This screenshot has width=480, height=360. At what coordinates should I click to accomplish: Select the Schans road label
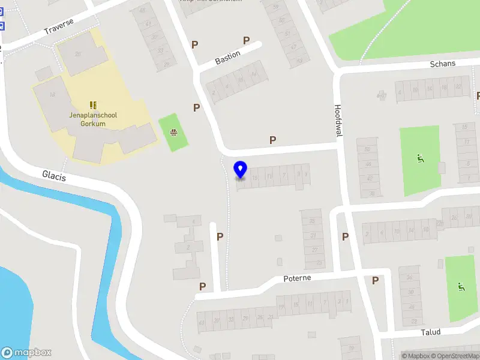pyautogui.click(x=443, y=64)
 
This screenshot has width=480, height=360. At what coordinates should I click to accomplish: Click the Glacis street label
pyautogui.click(x=54, y=175)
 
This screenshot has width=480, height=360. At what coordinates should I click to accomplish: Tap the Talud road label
pyautogui.click(x=430, y=332)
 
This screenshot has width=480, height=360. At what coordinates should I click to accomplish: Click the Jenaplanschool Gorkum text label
pyautogui.click(x=93, y=119)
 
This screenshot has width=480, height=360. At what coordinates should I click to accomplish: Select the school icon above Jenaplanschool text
pyautogui.click(x=93, y=105)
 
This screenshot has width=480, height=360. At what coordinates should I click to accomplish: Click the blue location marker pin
pyautogui.click(x=241, y=170)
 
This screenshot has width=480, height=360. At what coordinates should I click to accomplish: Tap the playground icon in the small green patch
pyautogui.click(x=173, y=132)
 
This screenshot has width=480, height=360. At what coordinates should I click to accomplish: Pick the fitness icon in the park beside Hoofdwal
pyautogui.click(x=420, y=159)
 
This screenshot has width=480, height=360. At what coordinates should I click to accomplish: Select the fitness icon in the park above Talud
pyautogui.click(x=461, y=287)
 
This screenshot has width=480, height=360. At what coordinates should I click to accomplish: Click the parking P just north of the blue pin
pyautogui.click(x=273, y=140)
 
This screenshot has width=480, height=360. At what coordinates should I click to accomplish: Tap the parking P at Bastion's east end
pyautogui.click(x=246, y=40)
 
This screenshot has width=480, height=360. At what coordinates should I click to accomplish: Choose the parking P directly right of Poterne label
pyautogui.click(x=375, y=280)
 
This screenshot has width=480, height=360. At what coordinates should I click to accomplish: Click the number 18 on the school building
pyautogui.click(x=53, y=95)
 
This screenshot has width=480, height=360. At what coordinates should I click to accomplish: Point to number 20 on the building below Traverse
pyautogui.click(x=77, y=54)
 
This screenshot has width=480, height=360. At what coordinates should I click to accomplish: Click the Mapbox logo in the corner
pyautogui.click(x=26, y=352)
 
